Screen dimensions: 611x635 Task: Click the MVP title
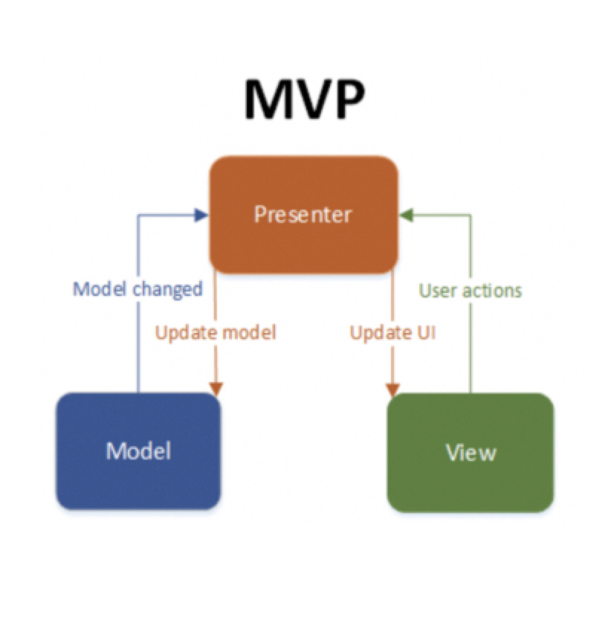(x=305, y=100)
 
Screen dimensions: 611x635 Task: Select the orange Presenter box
(x=304, y=215)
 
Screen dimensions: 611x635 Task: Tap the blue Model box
(x=138, y=451)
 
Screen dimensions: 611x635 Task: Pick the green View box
(x=471, y=452)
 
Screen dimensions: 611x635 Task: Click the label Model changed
(x=138, y=289)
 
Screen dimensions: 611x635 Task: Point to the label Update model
(x=216, y=333)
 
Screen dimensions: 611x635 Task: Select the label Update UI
(x=392, y=333)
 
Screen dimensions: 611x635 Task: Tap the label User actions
(x=471, y=291)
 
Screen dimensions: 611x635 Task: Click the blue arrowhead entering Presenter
(x=201, y=215)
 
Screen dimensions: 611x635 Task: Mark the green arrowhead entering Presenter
(x=406, y=215)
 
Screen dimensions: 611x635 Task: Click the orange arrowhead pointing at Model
(x=216, y=389)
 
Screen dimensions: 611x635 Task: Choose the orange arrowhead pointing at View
(x=392, y=390)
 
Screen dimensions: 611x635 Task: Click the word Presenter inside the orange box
(x=303, y=214)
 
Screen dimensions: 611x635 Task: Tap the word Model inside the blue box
(x=138, y=451)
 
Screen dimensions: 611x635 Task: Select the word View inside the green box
(x=471, y=452)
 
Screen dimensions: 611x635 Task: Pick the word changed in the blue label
(x=168, y=289)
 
